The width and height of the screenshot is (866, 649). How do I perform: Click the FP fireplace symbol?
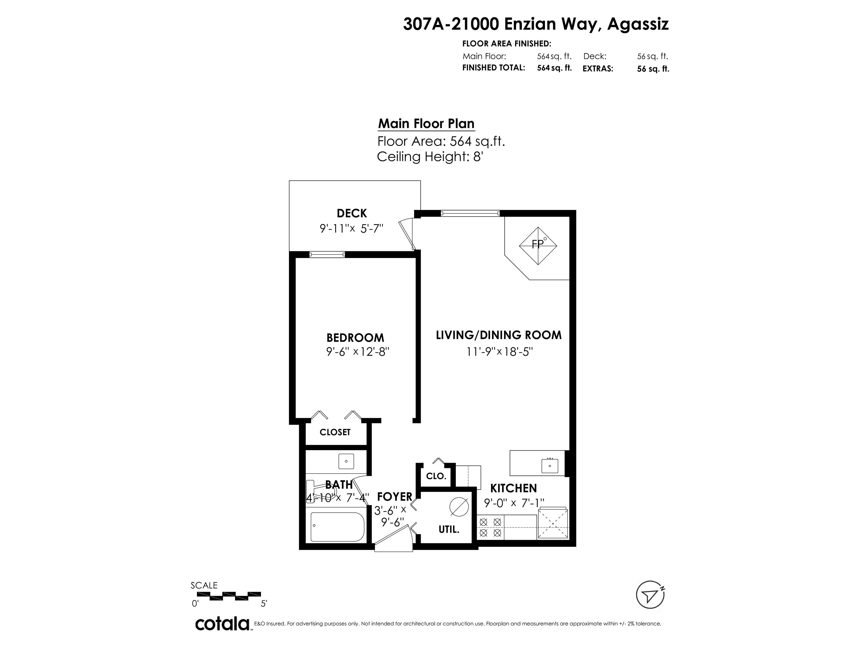coord(538,246)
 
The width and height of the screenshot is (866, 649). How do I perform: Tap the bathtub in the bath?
coord(337,527)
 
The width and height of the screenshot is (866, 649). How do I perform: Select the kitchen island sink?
coord(550,466)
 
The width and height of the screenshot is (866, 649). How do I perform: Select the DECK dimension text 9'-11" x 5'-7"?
coord(351,228)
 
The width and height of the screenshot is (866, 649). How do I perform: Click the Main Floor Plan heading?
coord(426,124)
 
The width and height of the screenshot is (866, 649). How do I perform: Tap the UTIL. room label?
coord(449,530)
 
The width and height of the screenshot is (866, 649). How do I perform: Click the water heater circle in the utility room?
coord(459,507)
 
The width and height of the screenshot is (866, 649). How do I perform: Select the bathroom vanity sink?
coord(346,461)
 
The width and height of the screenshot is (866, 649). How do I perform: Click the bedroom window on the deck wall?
coord(327,255)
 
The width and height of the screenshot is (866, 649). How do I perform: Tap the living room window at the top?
coord(470,213)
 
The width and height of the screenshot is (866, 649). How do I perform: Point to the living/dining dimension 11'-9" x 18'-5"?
coord(499,352)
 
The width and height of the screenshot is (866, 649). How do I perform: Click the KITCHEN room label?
coord(514,488)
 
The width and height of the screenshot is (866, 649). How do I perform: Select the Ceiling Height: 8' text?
coord(430,157)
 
